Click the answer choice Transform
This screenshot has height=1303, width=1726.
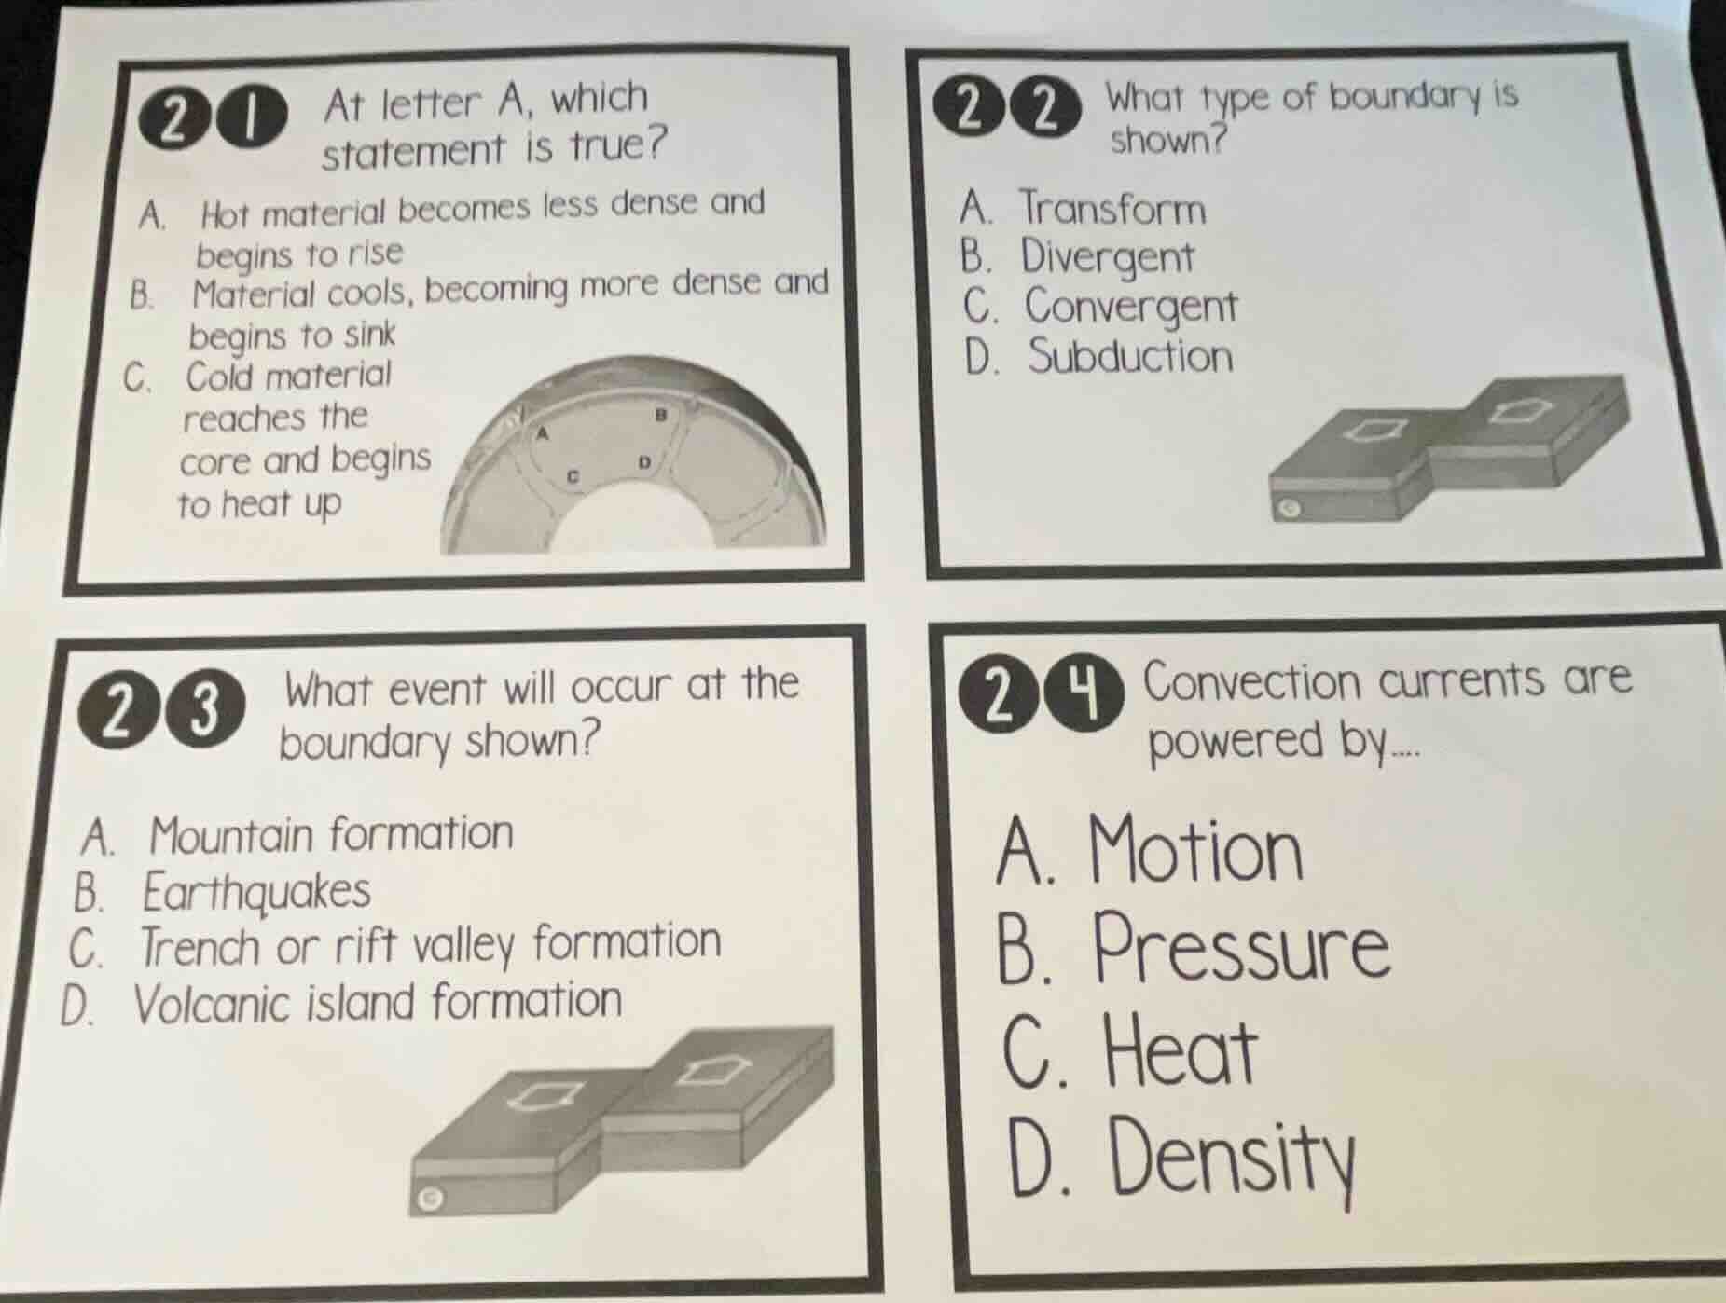click(x=1112, y=209)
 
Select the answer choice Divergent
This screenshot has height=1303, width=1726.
click(x=1106, y=258)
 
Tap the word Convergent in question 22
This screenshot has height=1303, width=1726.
click(x=1131, y=307)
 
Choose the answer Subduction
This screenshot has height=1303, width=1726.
click(x=1130, y=357)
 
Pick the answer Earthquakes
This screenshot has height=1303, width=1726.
click(x=256, y=891)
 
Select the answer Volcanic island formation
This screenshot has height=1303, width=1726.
click(x=378, y=1002)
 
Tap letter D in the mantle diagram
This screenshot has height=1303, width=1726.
click(x=642, y=462)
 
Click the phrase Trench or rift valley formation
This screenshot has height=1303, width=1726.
click(x=430, y=944)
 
